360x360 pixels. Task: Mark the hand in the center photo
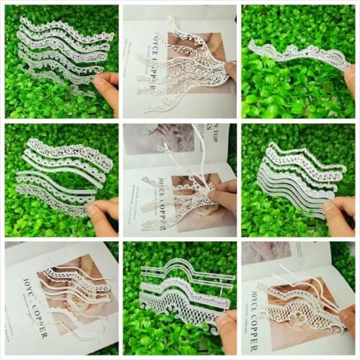point(222,198)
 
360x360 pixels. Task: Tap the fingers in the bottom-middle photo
point(227,324)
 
